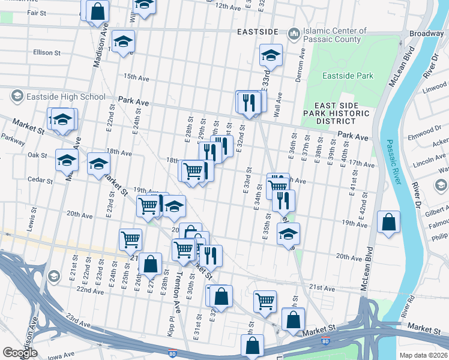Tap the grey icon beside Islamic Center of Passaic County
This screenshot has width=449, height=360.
(x=294, y=33)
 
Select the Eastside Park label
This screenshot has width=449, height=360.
(x=348, y=76)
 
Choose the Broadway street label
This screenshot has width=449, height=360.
(x=426, y=34)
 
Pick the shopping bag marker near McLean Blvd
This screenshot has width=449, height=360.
(x=389, y=222)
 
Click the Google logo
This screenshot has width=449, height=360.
(x=20, y=352)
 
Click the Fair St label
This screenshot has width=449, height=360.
(x=37, y=12)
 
